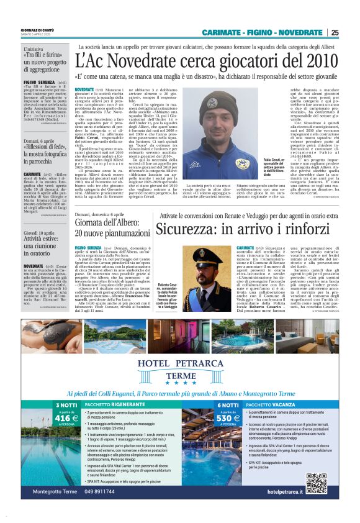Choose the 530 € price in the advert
click(228, 419)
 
